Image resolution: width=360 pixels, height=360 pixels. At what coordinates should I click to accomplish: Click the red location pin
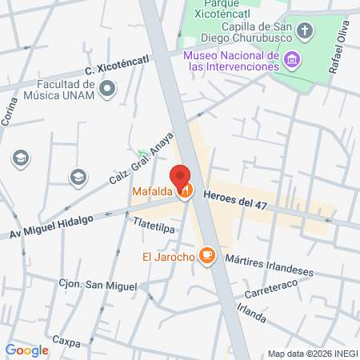(x=180, y=177)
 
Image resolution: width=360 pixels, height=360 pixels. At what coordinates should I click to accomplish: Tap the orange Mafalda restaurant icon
(x=186, y=191)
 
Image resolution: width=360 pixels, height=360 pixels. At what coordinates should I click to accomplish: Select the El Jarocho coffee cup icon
(x=208, y=255)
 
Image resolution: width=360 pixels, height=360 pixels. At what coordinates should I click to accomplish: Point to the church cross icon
(x=305, y=32)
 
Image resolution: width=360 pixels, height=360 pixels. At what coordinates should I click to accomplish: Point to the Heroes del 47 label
(x=235, y=204)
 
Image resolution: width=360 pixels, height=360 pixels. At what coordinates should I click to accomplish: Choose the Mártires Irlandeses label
(x=269, y=265)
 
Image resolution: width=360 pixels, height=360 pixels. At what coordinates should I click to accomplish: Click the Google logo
(x=26, y=350)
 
